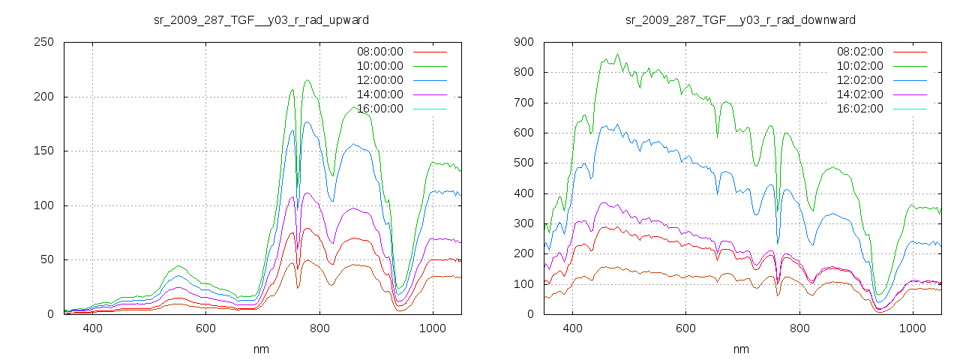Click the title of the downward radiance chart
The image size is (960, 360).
click(x=740, y=19)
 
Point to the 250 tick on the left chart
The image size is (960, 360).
click(x=43, y=42)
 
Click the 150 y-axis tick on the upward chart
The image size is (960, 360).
click(x=43, y=151)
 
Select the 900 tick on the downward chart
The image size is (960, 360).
click(x=523, y=42)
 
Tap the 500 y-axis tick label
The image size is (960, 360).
click(x=523, y=163)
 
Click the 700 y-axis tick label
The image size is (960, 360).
click(x=523, y=103)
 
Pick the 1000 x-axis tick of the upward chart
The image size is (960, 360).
click(x=433, y=328)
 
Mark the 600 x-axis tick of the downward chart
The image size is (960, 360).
click(x=686, y=328)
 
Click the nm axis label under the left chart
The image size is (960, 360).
click(x=261, y=349)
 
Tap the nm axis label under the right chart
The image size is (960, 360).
click(x=741, y=349)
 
